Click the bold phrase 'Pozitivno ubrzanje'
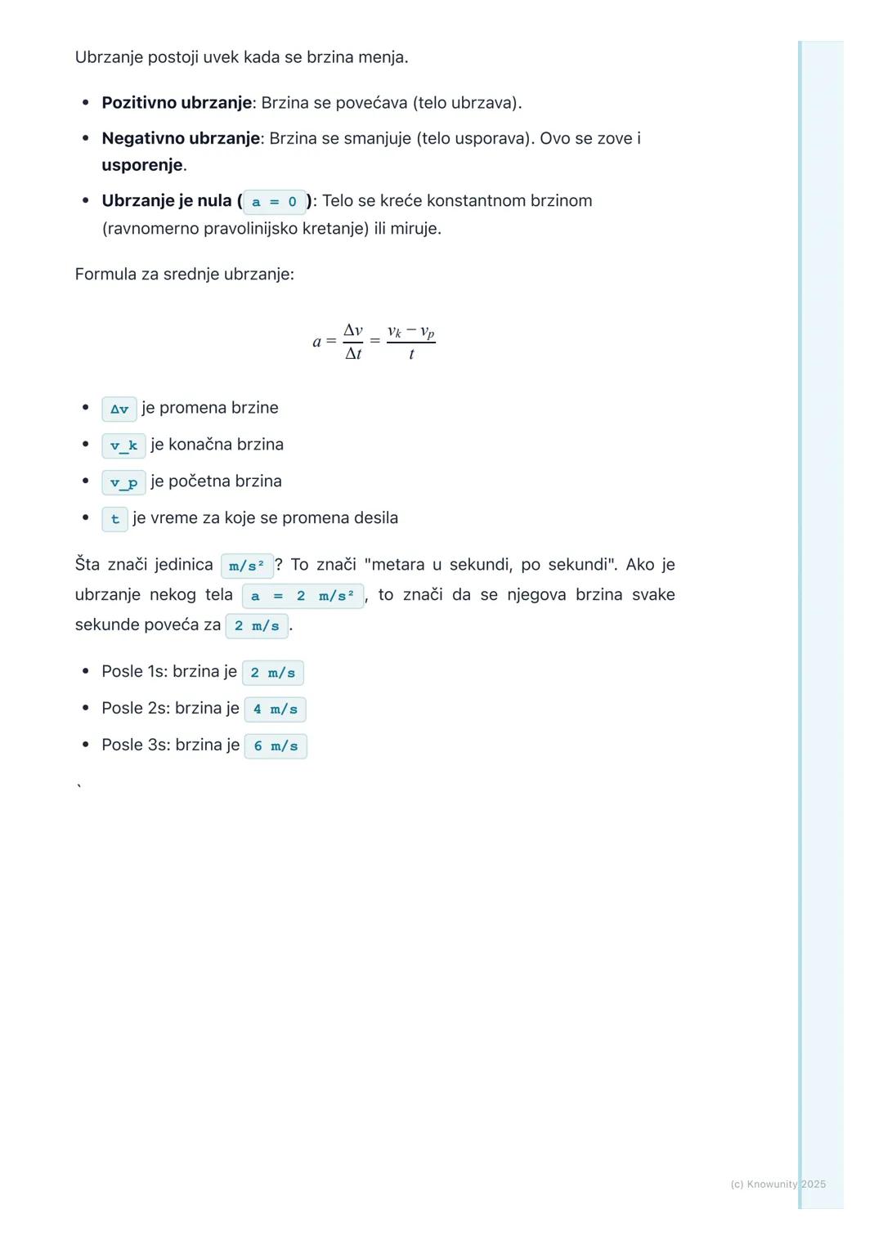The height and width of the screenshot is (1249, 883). pos(177,103)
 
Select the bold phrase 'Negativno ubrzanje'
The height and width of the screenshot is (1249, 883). pos(181,139)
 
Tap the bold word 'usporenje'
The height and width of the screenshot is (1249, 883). pos(142,165)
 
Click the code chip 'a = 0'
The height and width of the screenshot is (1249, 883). pos(274,202)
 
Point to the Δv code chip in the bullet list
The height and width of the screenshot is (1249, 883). pos(119,409)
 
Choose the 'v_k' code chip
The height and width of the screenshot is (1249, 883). pos(123,445)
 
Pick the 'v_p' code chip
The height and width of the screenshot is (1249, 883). pos(123,482)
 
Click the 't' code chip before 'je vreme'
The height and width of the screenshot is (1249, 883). pos(114,519)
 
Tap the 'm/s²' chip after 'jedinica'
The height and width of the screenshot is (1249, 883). pos(247,566)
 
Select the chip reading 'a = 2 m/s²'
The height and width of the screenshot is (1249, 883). pos(303,596)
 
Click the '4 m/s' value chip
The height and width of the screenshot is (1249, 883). pos(275,710)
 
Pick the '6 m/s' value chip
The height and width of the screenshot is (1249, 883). pos(276,746)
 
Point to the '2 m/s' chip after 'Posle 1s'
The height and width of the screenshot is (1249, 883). pos(273,673)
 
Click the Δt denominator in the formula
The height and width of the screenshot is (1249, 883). pos(353,354)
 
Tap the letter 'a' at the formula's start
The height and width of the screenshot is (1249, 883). pos(317,342)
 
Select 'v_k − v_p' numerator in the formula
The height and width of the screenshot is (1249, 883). pos(410,332)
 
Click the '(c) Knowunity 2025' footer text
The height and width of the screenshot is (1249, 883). pos(778,1184)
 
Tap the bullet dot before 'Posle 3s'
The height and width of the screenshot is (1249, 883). pos(85,745)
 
